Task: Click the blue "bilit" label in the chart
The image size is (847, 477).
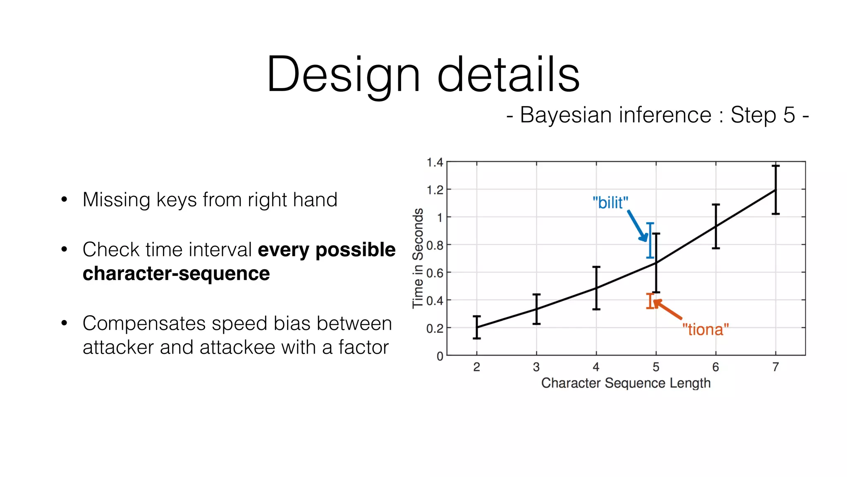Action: point(610,203)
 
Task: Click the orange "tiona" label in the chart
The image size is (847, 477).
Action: point(705,330)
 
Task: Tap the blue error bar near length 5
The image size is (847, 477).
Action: point(650,240)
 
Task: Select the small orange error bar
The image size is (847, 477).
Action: point(650,301)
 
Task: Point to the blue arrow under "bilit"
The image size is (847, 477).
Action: point(637,226)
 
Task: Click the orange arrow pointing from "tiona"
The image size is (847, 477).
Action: point(668,310)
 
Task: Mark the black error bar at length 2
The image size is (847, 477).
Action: point(477,327)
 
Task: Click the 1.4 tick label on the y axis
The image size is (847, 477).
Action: point(435,162)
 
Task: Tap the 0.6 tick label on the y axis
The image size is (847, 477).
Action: point(435,273)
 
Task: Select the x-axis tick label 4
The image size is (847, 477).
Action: point(596,367)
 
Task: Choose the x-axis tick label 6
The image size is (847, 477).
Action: point(715,367)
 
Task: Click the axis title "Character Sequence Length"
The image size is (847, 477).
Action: point(626,383)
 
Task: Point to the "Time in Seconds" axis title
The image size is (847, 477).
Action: point(418,258)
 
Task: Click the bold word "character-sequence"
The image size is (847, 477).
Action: point(176,274)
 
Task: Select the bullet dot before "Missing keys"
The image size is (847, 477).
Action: point(64,200)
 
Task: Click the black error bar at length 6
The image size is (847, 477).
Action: point(716,226)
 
